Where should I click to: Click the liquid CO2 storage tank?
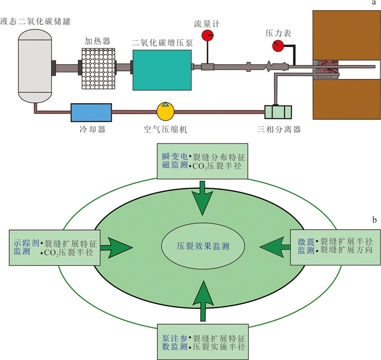35,66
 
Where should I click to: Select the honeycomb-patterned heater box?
99,69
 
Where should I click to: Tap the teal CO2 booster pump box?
162,70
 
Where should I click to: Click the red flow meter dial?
207,35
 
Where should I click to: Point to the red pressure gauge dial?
278,46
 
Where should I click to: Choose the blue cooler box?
91,113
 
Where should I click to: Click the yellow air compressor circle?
165,111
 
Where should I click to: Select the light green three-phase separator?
278,112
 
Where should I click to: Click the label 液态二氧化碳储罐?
35,21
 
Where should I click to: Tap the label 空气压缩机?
165,129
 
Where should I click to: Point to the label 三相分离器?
279,129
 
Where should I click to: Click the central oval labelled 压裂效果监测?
203,246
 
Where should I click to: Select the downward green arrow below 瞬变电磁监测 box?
202,198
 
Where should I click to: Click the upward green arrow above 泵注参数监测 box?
203,301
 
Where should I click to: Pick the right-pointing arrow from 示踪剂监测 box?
116,247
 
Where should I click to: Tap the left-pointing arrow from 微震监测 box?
275,247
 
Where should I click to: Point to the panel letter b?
374,220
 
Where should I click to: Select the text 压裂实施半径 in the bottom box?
219,346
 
